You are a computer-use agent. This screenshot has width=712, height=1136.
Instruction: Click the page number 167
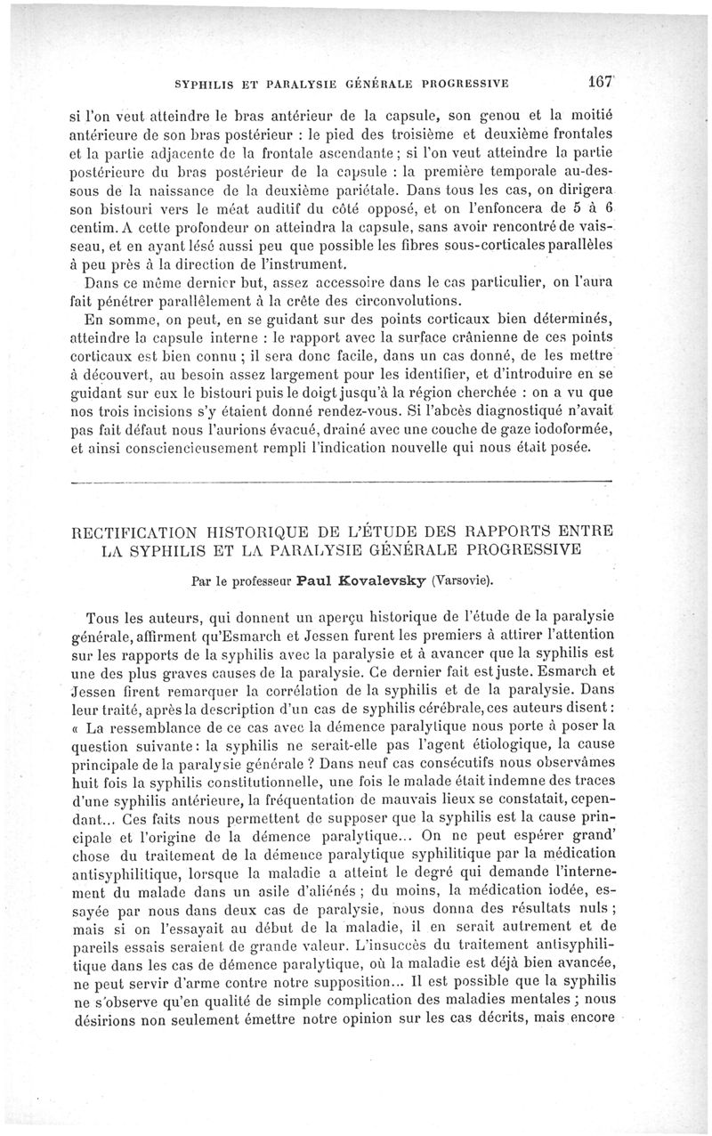595,83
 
